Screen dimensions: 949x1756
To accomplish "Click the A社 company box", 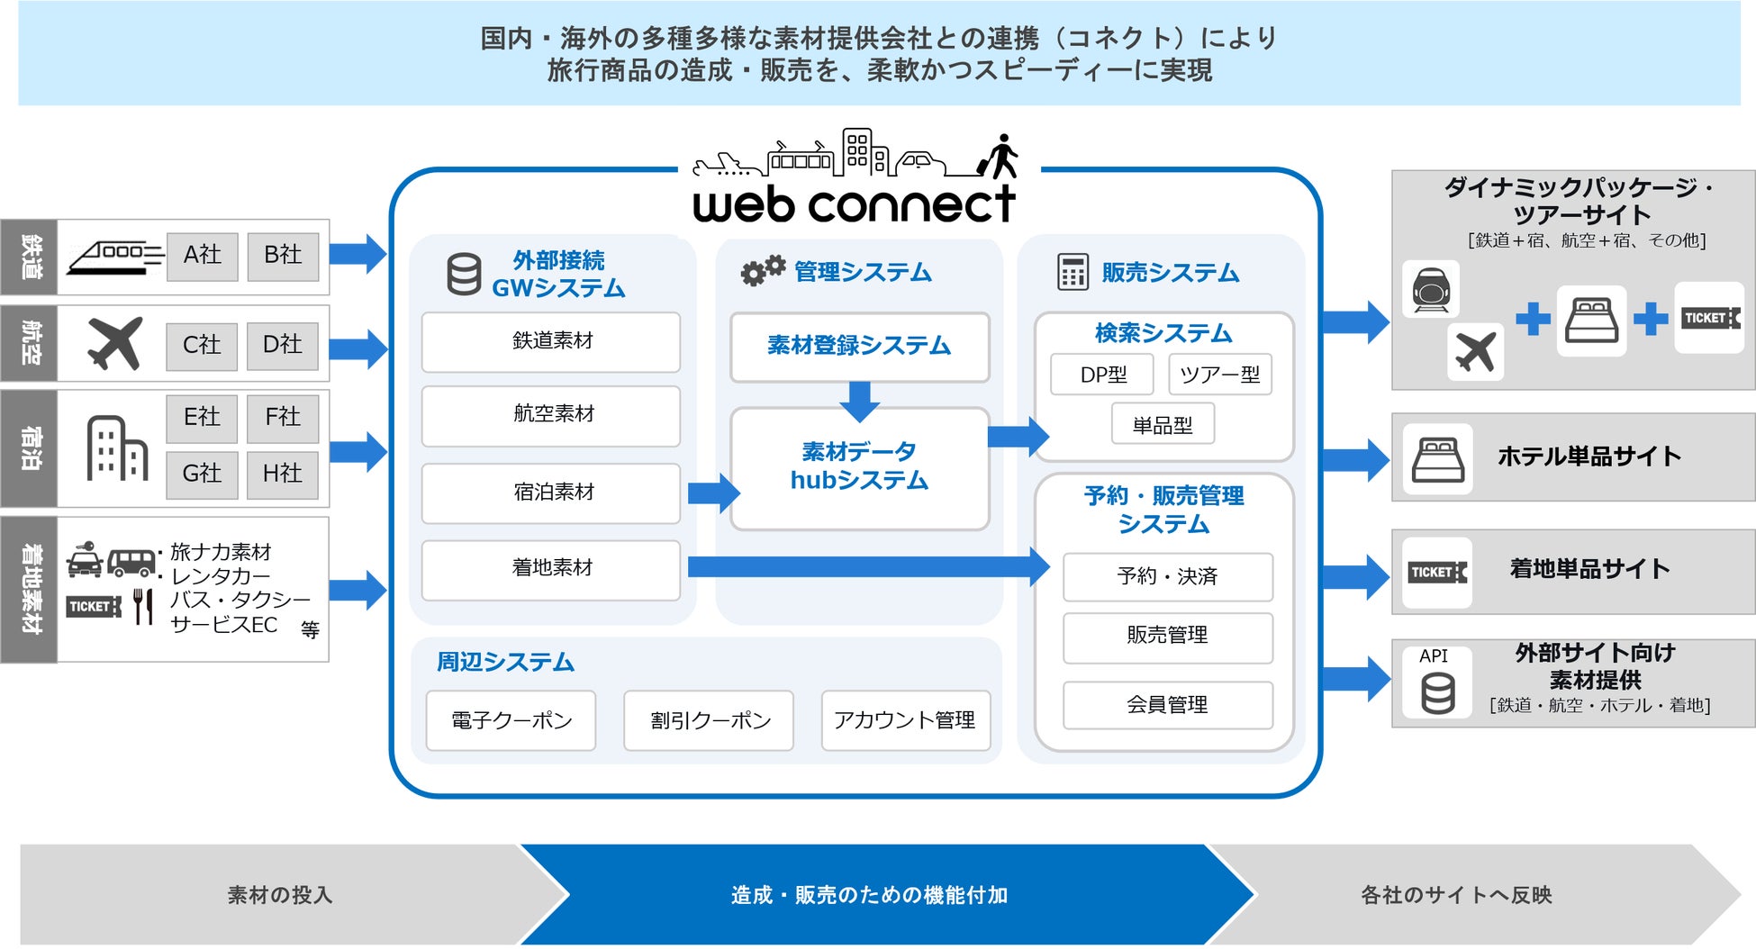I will coord(203,256).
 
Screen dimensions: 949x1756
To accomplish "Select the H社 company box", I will coord(283,474).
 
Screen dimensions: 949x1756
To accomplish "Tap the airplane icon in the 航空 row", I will coord(115,344).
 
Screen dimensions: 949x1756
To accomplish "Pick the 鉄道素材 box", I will coord(551,341).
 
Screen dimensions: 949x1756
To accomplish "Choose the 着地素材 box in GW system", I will coord(551,568).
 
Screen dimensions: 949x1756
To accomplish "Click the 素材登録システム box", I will coord(859,347).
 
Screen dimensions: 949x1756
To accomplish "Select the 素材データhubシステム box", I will coord(859,467).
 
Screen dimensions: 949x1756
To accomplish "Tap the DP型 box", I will coord(1102,375).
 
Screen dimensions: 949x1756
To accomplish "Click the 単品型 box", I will coord(1163,425).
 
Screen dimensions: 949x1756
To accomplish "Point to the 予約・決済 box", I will coord(1167,576).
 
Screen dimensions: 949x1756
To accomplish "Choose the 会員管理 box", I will coord(1167,705).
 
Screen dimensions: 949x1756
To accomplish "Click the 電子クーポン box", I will coord(511,720).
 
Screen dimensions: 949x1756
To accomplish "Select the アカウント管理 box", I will coord(905,720).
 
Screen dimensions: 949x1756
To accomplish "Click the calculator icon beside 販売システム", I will coord(1073,272).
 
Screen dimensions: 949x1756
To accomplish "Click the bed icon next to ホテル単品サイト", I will coord(1438,458).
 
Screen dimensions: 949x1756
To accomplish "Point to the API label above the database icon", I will coord(1434,656).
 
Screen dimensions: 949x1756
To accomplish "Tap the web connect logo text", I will coord(854,204).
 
